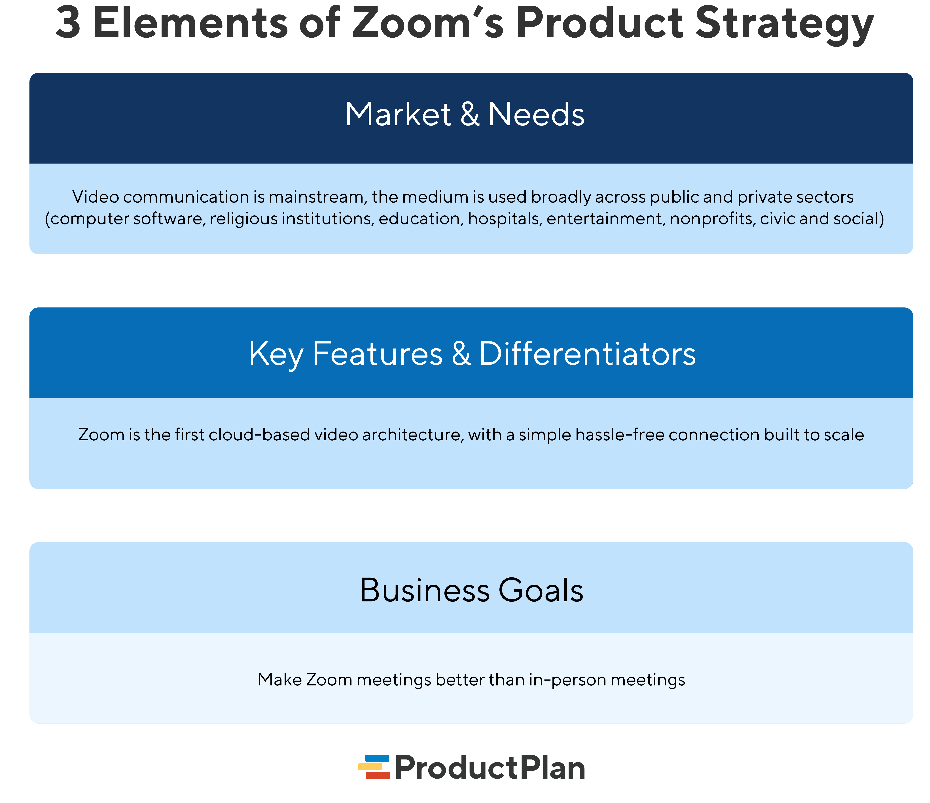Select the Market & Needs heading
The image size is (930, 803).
click(465, 114)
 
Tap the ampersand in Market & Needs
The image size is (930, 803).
click(469, 114)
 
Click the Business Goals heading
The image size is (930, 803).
click(471, 590)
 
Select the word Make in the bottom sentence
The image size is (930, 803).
click(280, 679)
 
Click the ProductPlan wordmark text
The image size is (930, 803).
click(490, 768)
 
